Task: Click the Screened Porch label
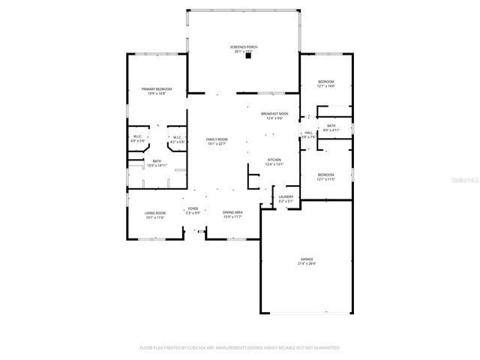point(243,46)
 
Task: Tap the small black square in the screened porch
point(247,55)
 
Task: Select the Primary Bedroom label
point(153,89)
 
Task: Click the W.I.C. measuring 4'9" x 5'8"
point(138,137)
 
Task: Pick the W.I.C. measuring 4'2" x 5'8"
point(177,137)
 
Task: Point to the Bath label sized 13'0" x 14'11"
point(157,160)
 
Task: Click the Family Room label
point(217,139)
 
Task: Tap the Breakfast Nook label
point(274,113)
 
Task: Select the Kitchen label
point(274,160)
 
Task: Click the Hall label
point(308,132)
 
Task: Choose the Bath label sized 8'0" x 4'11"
point(331,125)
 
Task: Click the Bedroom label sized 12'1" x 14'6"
point(325,82)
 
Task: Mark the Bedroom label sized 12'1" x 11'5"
point(325,175)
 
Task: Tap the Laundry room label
point(286,197)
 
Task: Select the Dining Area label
point(232,212)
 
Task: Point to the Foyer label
point(193,208)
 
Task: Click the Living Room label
point(154,213)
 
